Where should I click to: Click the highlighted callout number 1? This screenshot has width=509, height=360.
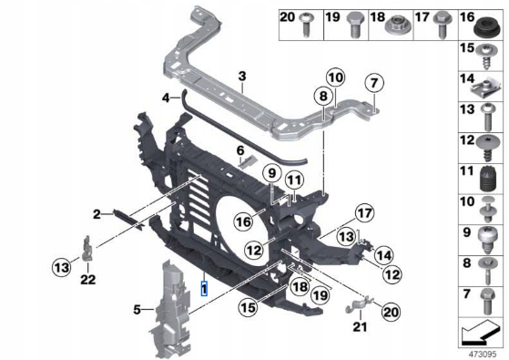[x=204, y=289]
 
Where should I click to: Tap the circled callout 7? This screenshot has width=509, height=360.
[x=374, y=83]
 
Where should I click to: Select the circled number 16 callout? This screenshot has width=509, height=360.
[x=244, y=221]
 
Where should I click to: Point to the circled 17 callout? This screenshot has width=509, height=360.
[x=364, y=213]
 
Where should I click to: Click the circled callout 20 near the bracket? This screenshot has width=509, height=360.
[x=391, y=312]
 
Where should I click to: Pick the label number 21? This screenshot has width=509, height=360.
[x=360, y=326]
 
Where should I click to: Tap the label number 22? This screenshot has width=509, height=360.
[x=88, y=279]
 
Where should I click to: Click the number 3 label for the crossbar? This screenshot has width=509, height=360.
[x=242, y=77]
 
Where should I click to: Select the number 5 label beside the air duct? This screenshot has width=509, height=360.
[x=137, y=310]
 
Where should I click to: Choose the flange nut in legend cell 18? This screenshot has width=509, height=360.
[x=398, y=25]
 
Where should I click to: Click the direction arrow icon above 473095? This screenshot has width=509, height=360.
[x=481, y=333]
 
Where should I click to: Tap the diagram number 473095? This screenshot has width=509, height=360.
[x=482, y=354]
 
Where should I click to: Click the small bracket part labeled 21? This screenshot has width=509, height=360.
[x=359, y=304]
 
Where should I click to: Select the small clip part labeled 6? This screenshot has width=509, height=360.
[x=249, y=161]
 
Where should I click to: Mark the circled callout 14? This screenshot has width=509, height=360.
[x=383, y=255]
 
